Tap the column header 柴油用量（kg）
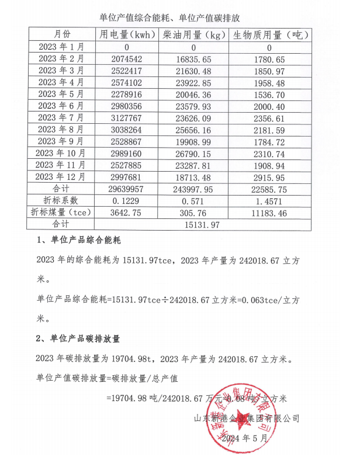pos(193,35)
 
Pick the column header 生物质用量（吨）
pos(269,35)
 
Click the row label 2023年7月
pos(61,117)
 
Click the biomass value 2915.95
pos(269,176)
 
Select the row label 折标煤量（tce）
pos(61,212)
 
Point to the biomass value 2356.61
pos(269,117)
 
